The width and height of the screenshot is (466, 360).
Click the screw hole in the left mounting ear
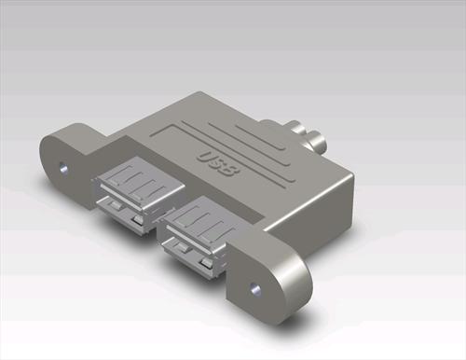(x=62, y=171)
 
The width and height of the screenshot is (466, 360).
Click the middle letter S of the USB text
(x=219, y=161)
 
